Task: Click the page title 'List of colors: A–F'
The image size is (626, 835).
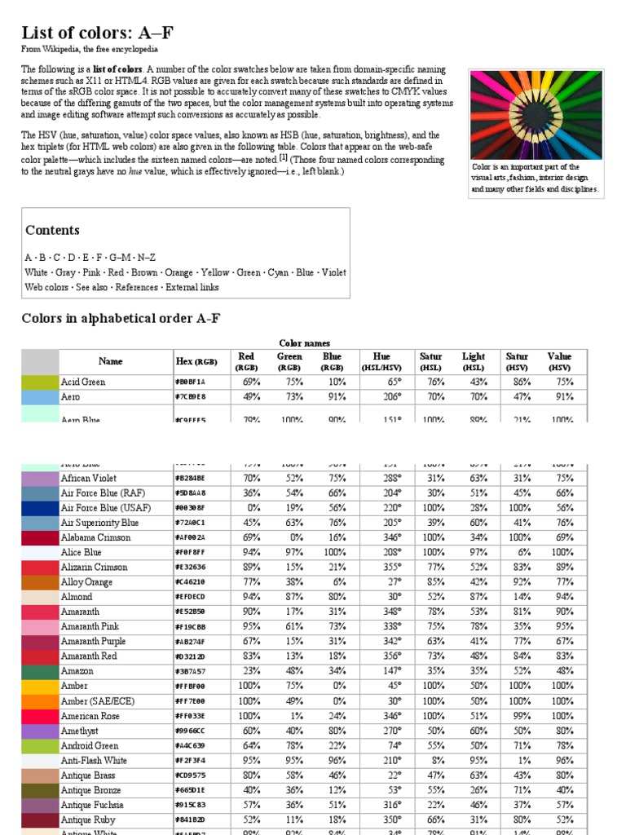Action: coord(97,33)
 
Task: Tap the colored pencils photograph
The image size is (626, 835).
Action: coord(535,114)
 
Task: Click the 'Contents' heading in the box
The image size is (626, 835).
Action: coord(52,230)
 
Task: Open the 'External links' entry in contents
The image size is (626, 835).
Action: coord(192,287)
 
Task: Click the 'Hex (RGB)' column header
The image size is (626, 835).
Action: coord(196,361)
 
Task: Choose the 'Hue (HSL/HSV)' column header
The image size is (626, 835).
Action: coord(381,361)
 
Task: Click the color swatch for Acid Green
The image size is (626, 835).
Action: coord(40,382)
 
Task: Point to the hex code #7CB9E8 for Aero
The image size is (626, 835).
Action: coord(190,397)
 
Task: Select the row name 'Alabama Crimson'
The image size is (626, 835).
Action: coord(94,537)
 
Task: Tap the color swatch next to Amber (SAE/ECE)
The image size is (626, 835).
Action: coord(40,701)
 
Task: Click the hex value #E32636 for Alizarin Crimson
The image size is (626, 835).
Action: coord(190,568)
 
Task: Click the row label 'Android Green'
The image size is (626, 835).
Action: coord(90,745)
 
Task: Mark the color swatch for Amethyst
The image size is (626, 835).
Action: coord(40,731)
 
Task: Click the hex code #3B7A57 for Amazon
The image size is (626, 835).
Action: coord(190,671)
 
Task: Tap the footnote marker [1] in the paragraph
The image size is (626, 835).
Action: coord(284,158)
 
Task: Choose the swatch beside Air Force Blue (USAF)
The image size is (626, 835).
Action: coord(40,508)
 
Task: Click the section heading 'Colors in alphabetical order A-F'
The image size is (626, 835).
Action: coord(121,318)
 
